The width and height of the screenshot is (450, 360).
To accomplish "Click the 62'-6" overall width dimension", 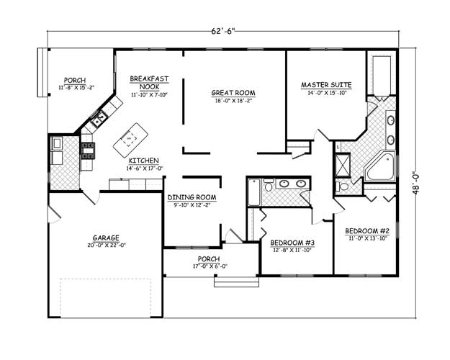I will pyautogui.click(x=224, y=32).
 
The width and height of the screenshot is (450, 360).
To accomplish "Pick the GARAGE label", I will pyautogui.click(x=105, y=238).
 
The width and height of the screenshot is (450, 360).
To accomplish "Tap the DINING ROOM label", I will pyautogui.click(x=192, y=197).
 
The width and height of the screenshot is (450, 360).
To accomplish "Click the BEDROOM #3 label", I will pyautogui.click(x=292, y=242).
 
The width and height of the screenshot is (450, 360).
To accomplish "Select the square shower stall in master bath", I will pyautogui.click(x=345, y=164).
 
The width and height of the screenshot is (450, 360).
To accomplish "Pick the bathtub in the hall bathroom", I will pyautogui.click(x=252, y=192).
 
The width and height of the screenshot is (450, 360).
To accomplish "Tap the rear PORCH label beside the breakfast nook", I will pyautogui.click(x=75, y=80).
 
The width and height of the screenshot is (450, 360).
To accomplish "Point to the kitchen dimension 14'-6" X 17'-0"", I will pyautogui.click(x=144, y=168).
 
